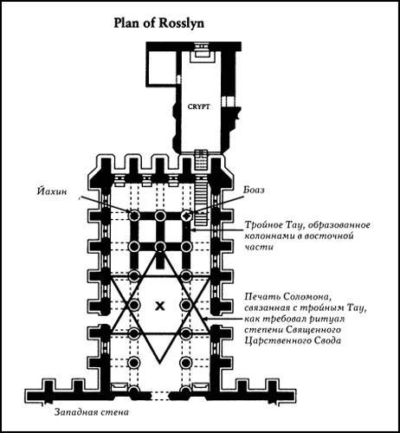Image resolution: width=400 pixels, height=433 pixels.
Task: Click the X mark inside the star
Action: pyautogui.click(x=159, y=306)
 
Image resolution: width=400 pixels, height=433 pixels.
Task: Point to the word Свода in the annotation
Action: pyautogui.click(x=322, y=341)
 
